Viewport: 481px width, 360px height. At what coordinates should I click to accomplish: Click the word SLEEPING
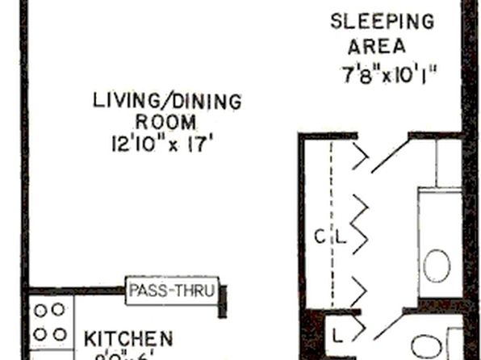pos(382,21)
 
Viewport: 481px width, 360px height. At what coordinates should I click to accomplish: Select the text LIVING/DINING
pos(167,102)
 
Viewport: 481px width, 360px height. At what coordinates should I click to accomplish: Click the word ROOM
pos(165,123)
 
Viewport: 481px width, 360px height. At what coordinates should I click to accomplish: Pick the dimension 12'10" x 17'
pos(166,145)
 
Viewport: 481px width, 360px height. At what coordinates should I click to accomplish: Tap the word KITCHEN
pos(129,337)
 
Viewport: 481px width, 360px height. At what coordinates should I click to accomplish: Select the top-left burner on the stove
pos(40,308)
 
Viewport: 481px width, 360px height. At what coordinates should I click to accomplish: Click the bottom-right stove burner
pos(59,333)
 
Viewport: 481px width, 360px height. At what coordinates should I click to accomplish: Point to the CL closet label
pos(330,237)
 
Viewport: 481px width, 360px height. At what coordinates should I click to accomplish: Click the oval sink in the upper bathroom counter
pos(437,265)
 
